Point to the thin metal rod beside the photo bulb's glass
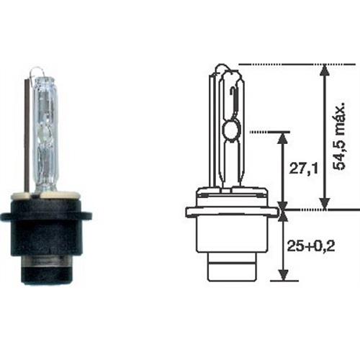coord(30,137)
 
